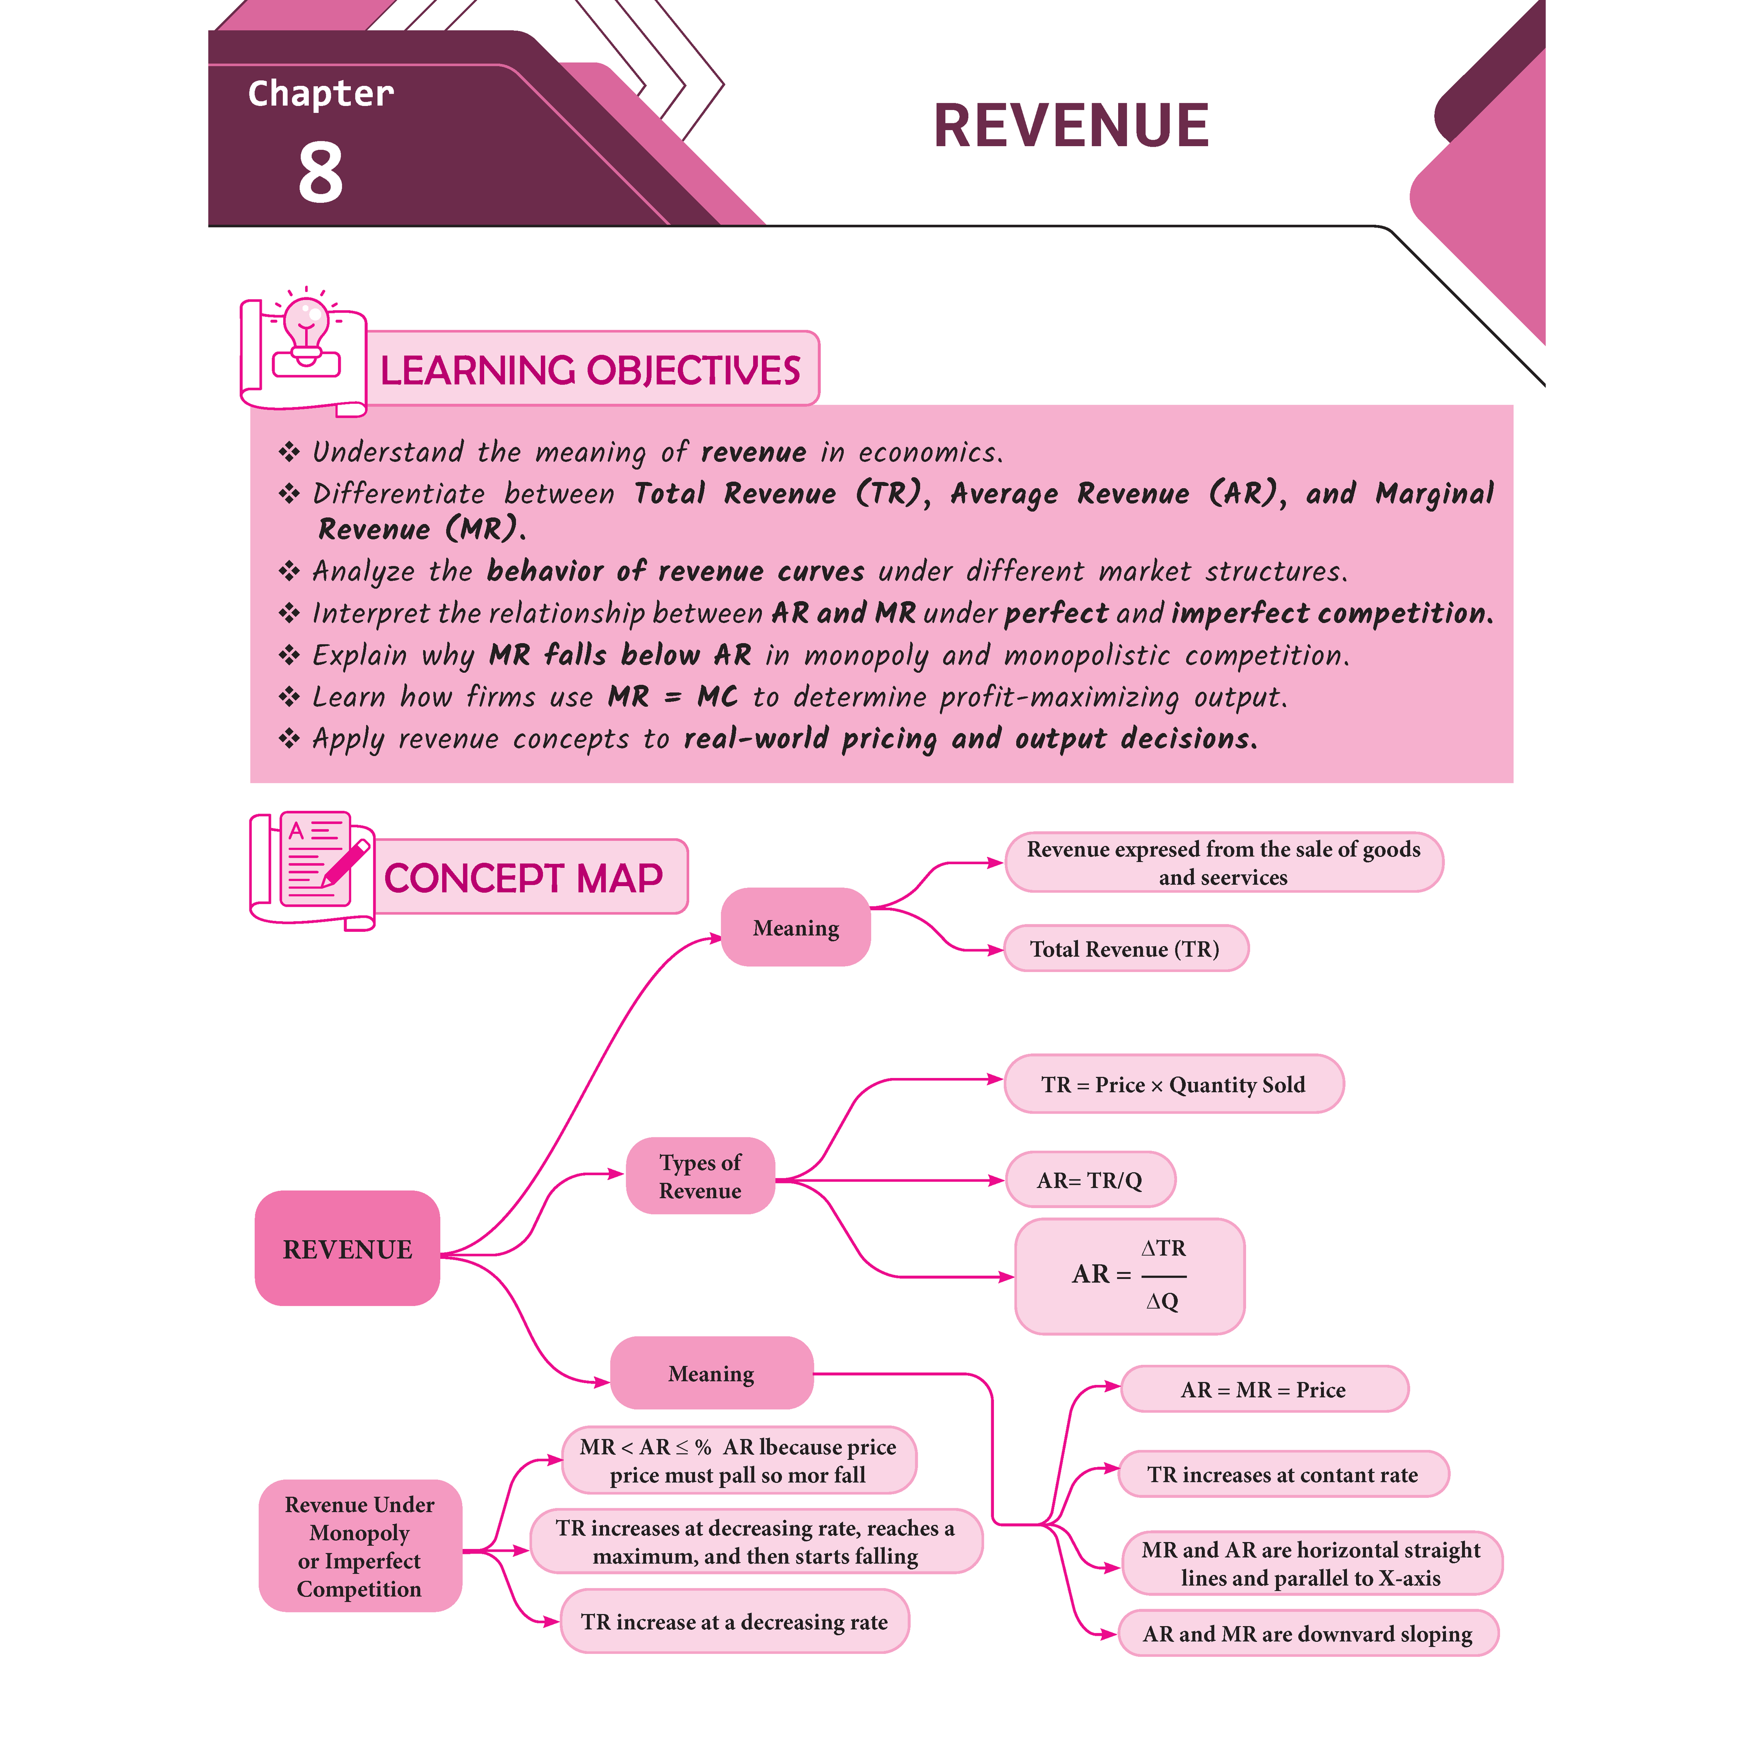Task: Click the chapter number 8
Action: click(321, 173)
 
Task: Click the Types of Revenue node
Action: click(700, 1177)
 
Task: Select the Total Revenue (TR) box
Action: click(1125, 949)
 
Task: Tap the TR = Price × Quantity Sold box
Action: click(1173, 1084)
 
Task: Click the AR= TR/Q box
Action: click(1089, 1180)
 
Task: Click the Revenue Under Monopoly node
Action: click(359, 1546)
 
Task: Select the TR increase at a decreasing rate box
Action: click(734, 1622)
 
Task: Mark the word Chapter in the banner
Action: click(321, 94)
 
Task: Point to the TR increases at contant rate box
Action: click(1283, 1474)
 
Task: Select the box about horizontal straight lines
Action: click(1311, 1564)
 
